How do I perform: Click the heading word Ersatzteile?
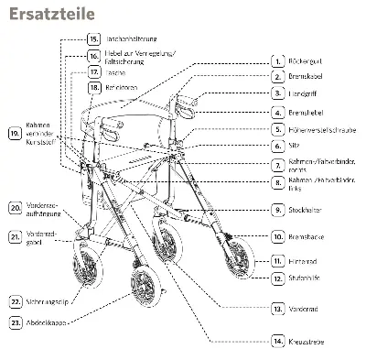[43, 16]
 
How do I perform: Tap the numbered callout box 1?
[277, 60]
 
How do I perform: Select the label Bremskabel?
[307, 77]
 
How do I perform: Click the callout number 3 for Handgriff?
[277, 93]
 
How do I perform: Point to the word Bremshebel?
[307, 112]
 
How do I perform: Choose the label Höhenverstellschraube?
[322, 129]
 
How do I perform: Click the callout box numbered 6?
[277, 146]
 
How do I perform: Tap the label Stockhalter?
[307, 210]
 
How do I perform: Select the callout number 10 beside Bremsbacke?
[277, 236]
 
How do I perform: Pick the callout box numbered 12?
[277, 276]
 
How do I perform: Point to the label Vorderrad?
[306, 310]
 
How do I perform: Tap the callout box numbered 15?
[94, 39]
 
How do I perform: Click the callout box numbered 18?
[94, 87]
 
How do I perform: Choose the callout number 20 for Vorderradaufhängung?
[16, 208]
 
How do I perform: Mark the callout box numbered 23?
[16, 322]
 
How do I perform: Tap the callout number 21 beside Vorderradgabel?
[16, 236]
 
